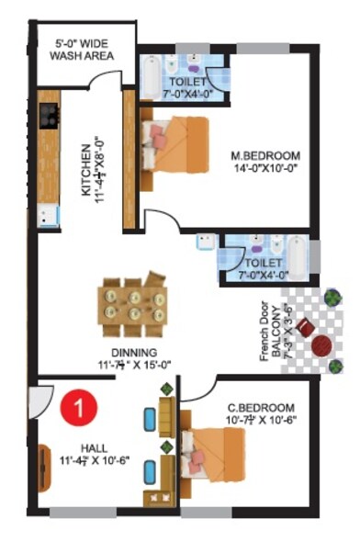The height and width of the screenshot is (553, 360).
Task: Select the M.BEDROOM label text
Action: pos(265,156)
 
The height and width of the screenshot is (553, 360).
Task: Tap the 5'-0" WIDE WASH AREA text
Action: pos(82,49)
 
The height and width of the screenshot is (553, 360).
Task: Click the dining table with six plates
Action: pos(134,301)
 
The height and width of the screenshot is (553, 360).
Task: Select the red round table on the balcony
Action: pos(321,346)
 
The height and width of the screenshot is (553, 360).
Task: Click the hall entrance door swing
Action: pos(40,398)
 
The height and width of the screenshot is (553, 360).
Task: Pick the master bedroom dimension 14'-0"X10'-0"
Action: pos(266,170)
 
